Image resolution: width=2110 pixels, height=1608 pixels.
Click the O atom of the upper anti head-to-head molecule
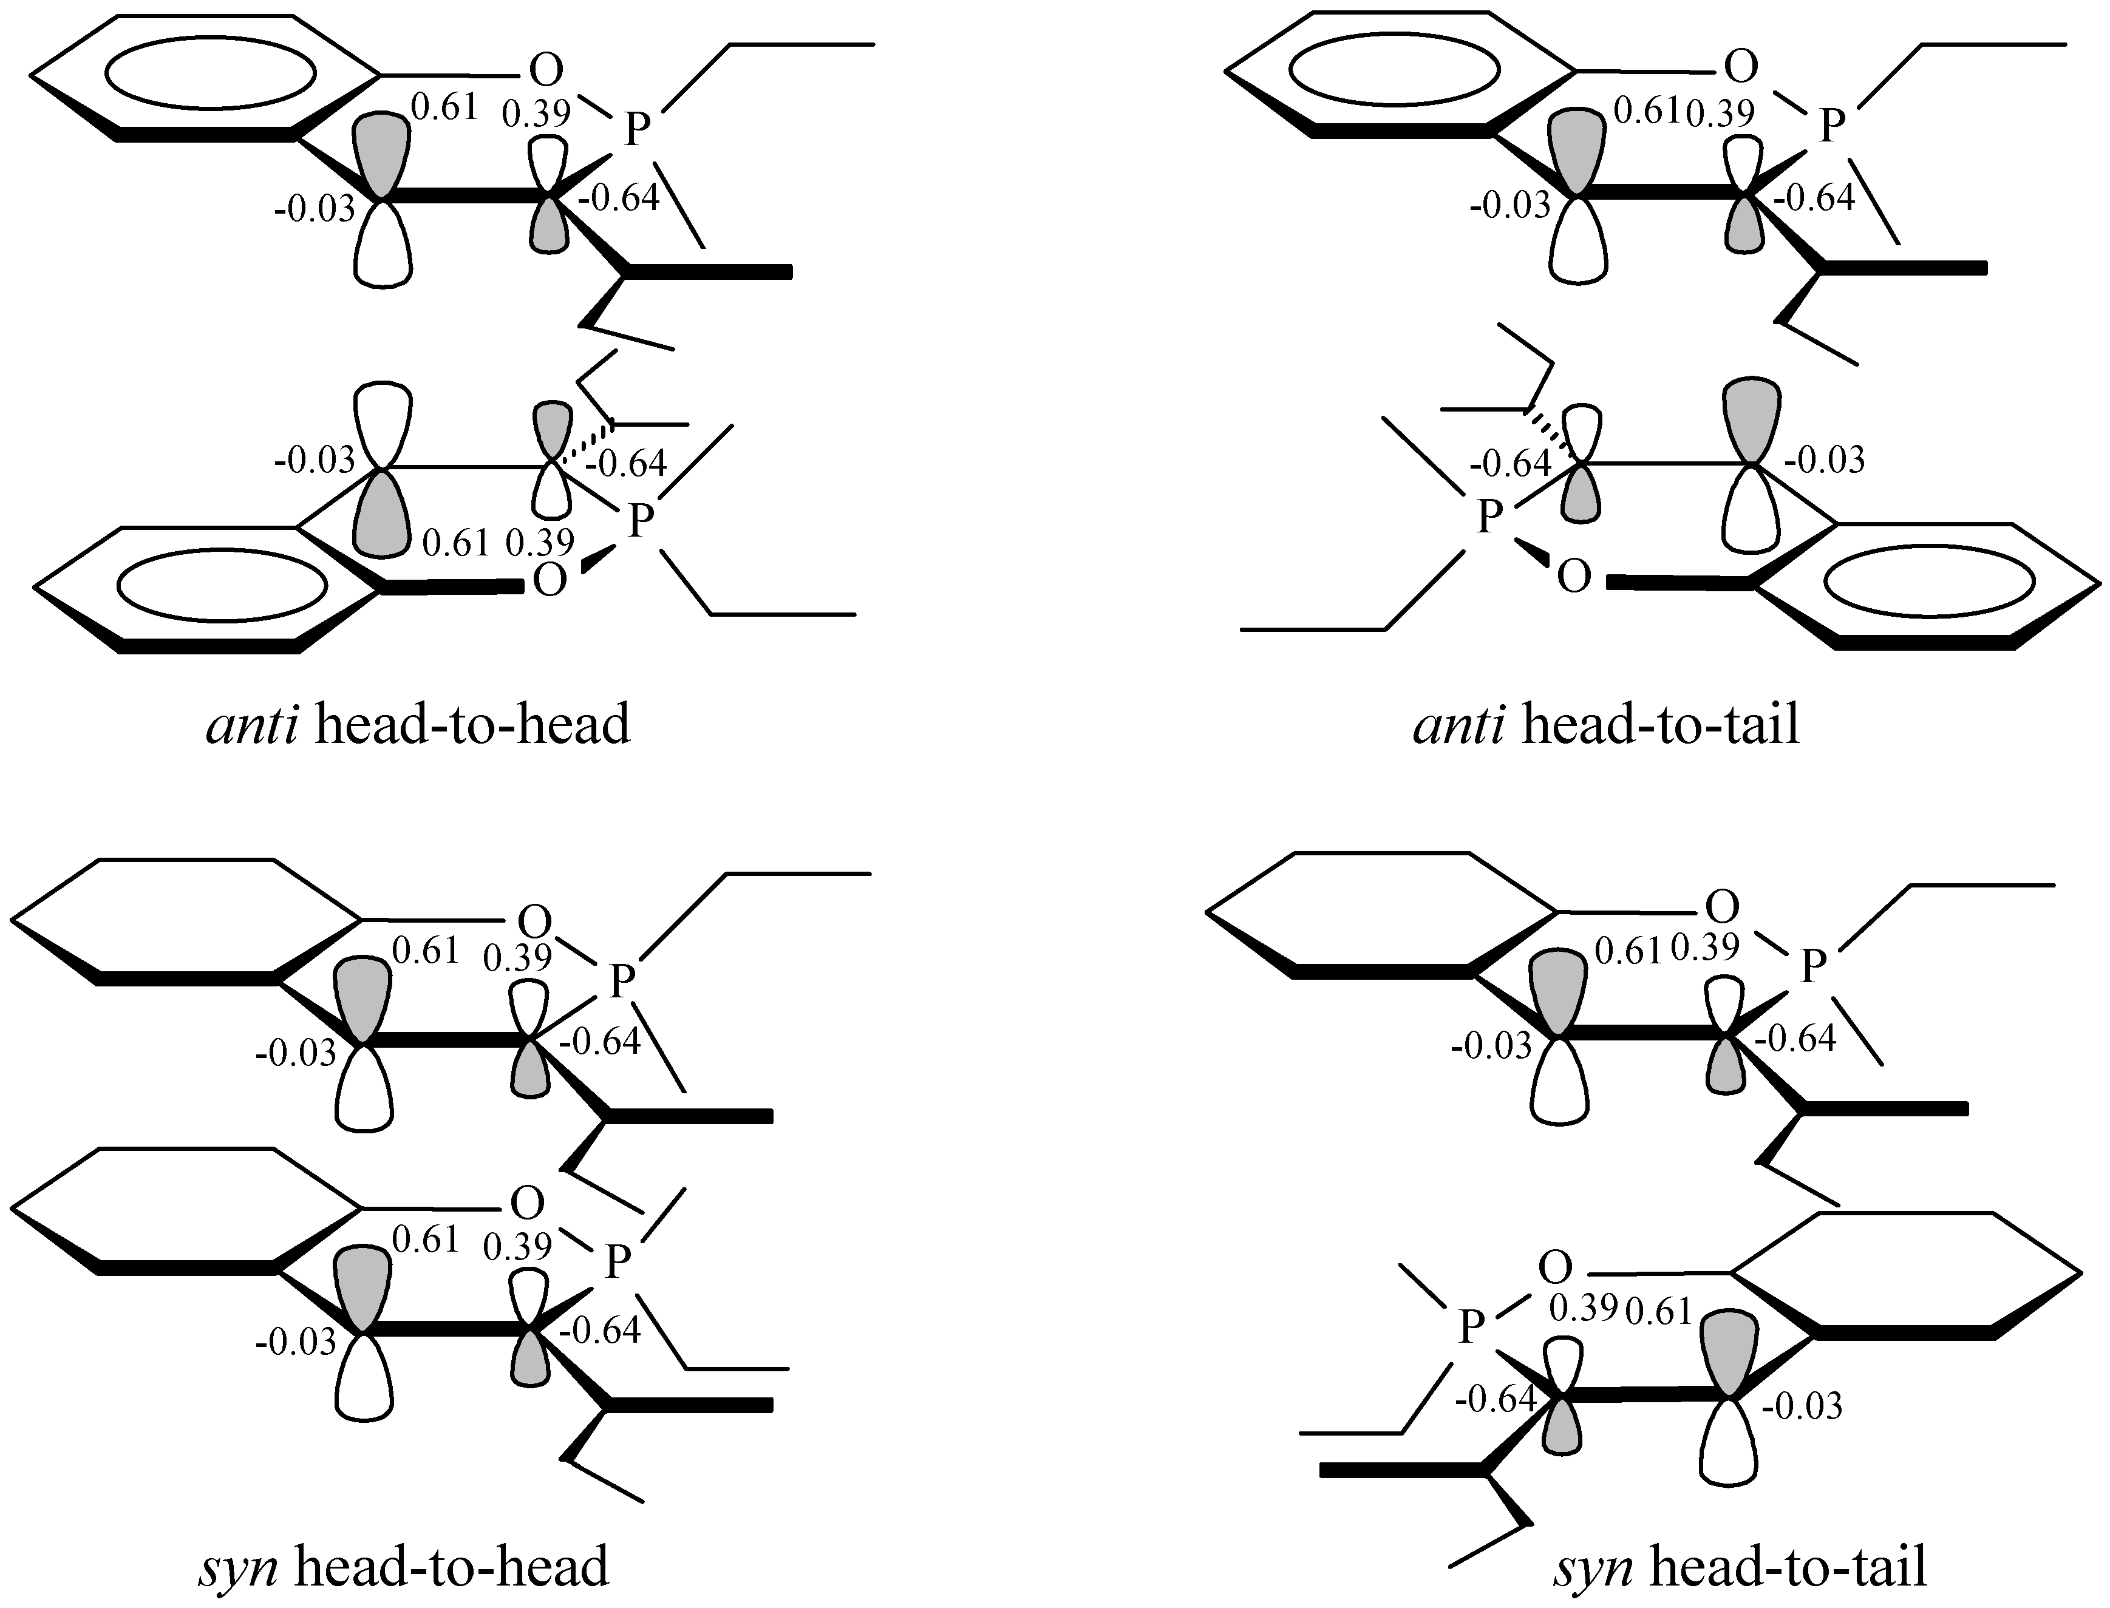[x=546, y=70]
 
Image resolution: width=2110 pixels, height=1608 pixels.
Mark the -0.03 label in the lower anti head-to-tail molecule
[x=1825, y=460]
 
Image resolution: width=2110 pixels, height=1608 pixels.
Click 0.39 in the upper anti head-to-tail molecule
[x=1720, y=113]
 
